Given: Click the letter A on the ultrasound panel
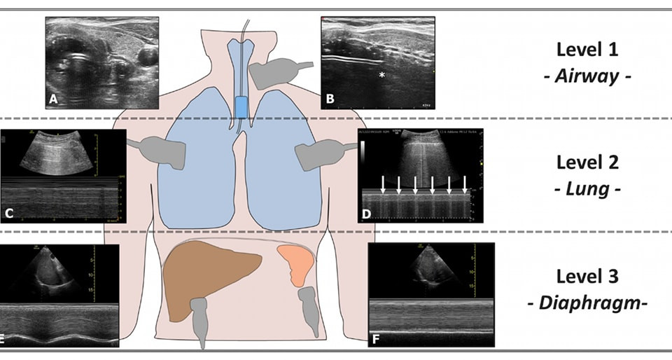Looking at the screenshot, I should (x=52, y=101).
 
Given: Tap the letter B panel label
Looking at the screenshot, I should (x=329, y=100).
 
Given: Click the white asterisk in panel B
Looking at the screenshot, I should (x=381, y=74).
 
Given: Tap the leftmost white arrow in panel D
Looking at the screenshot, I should (x=383, y=184).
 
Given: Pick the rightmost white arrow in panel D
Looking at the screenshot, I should (x=465, y=184).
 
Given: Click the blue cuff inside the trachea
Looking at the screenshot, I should (x=241, y=106).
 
